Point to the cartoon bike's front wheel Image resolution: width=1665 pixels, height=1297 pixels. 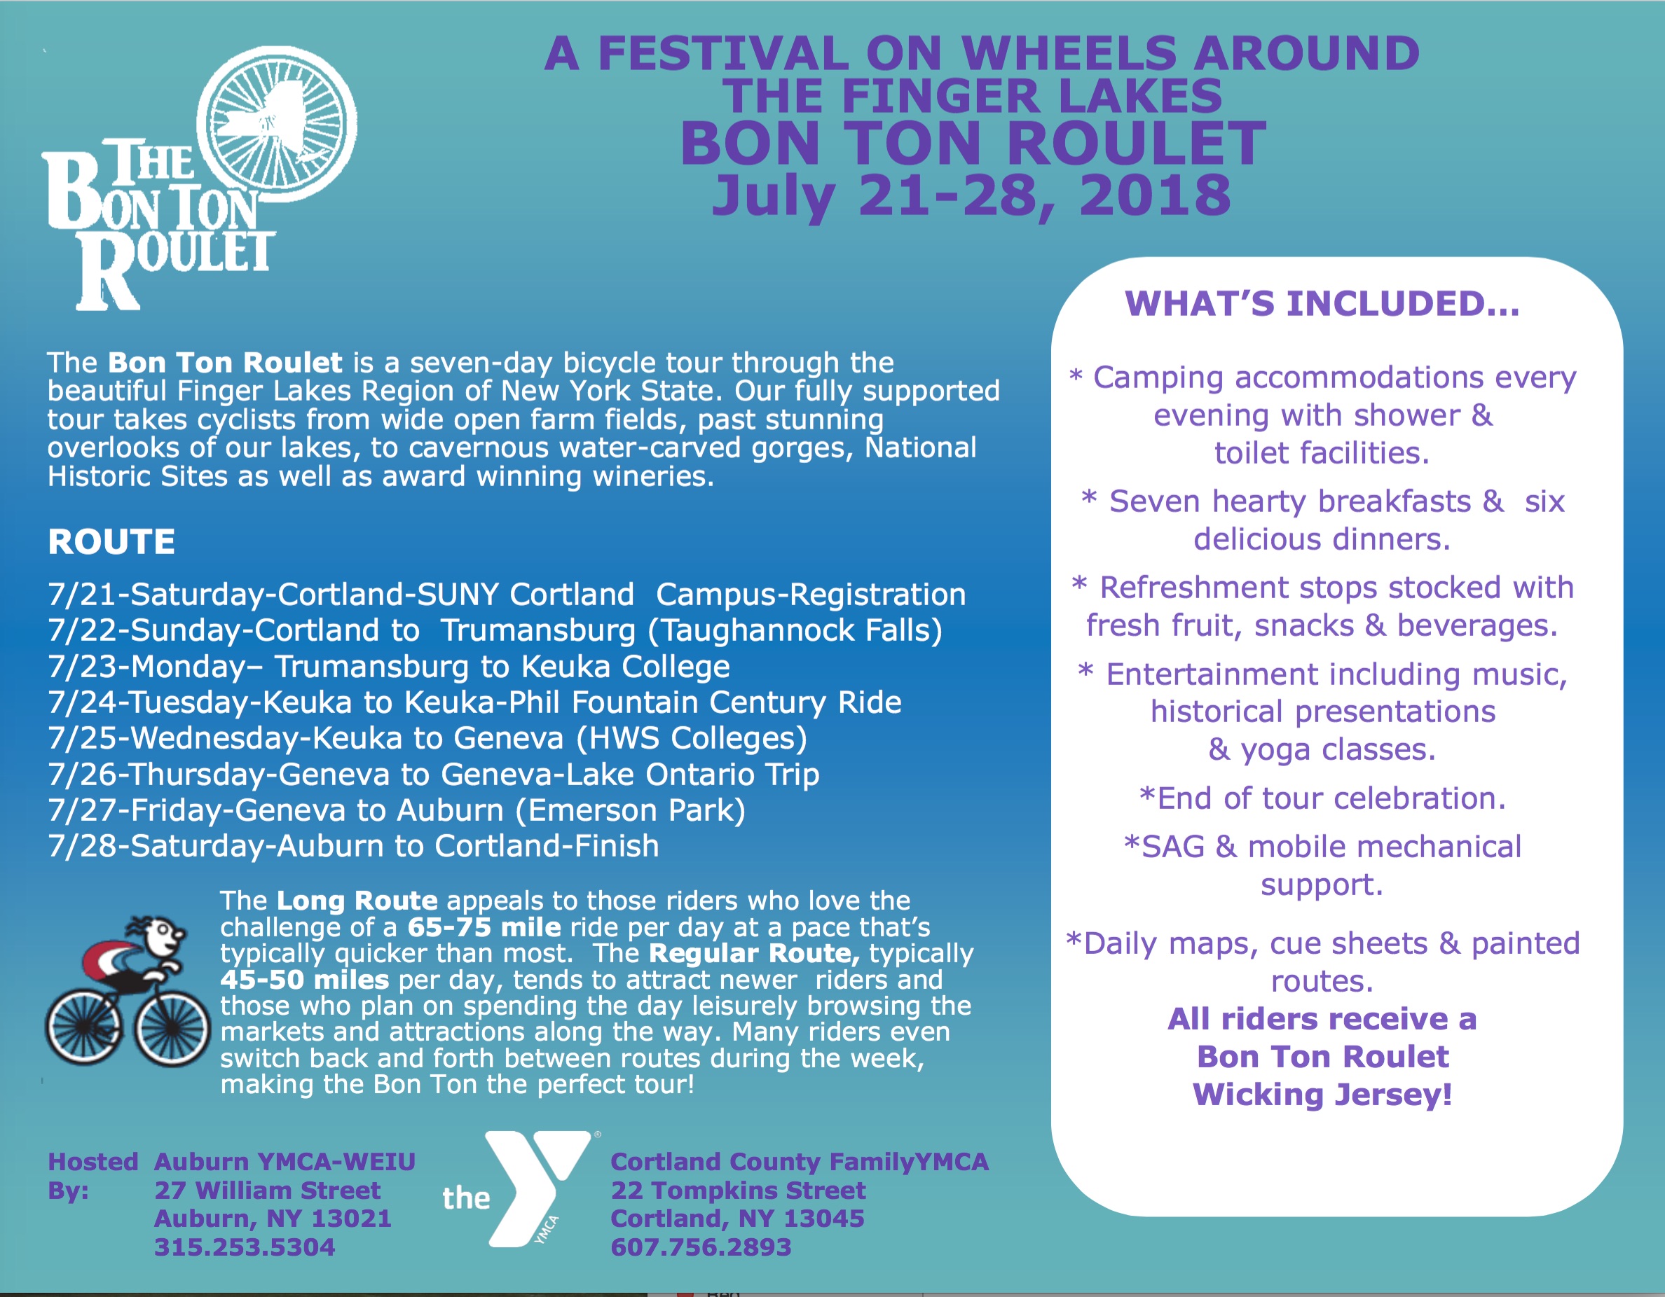pos(174,1029)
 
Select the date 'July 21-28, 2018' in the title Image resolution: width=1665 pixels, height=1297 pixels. pos(972,195)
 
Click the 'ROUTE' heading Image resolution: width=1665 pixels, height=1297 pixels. pos(111,542)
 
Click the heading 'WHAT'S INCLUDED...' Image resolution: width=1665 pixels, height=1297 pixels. pos(1322,303)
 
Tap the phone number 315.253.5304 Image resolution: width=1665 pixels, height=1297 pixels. pos(245,1247)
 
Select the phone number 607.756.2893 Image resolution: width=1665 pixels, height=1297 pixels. pos(701,1247)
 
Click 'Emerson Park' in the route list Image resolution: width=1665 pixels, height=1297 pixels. pos(630,811)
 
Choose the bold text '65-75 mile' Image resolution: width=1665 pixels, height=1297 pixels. pos(484,927)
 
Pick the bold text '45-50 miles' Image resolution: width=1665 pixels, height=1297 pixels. pos(305,980)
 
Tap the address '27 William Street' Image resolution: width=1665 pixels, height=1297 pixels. pos(267,1191)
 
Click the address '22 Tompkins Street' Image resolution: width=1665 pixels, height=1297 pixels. pos(738,1191)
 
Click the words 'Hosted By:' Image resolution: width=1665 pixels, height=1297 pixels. pos(92,1176)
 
